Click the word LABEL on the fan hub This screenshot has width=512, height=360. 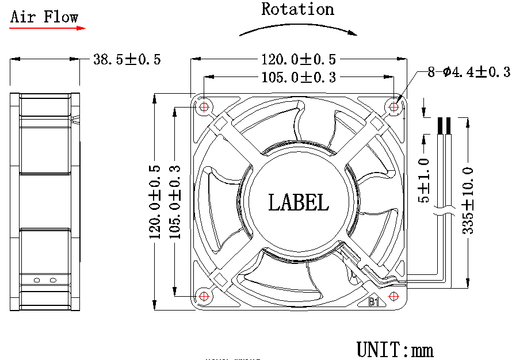[299, 202]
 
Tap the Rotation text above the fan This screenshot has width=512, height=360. [297, 10]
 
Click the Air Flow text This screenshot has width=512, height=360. [44, 17]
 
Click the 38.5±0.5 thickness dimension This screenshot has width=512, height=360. [127, 59]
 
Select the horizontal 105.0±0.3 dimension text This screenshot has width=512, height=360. [299, 77]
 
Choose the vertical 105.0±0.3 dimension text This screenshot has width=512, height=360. [175, 202]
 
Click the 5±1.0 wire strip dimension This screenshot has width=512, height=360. [424, 181]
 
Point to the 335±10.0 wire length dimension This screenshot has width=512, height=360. [467, 201]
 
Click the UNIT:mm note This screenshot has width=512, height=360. [395, 349]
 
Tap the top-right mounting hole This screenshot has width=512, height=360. [394, 106]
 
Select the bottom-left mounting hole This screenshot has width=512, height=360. [204, 296]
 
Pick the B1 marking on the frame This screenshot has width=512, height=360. [373, 301]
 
